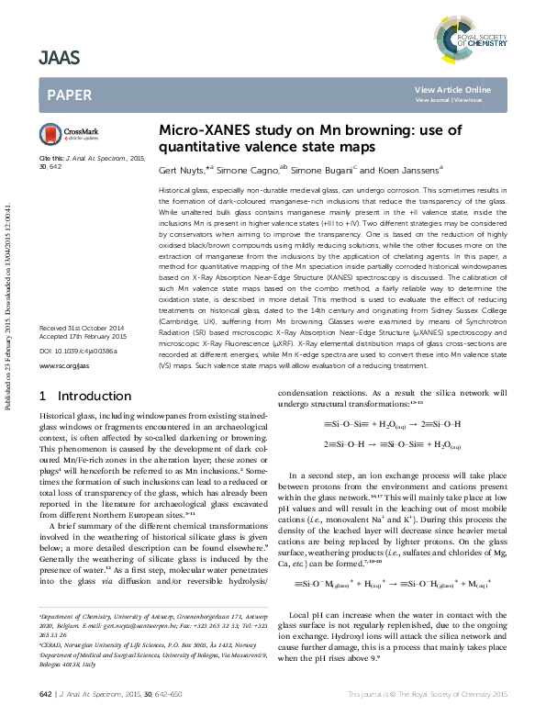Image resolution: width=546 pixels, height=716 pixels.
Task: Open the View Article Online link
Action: (465, 89)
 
